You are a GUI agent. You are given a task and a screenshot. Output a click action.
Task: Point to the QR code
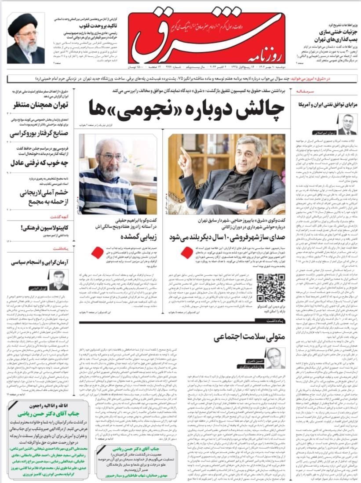(x=270, y=287)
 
